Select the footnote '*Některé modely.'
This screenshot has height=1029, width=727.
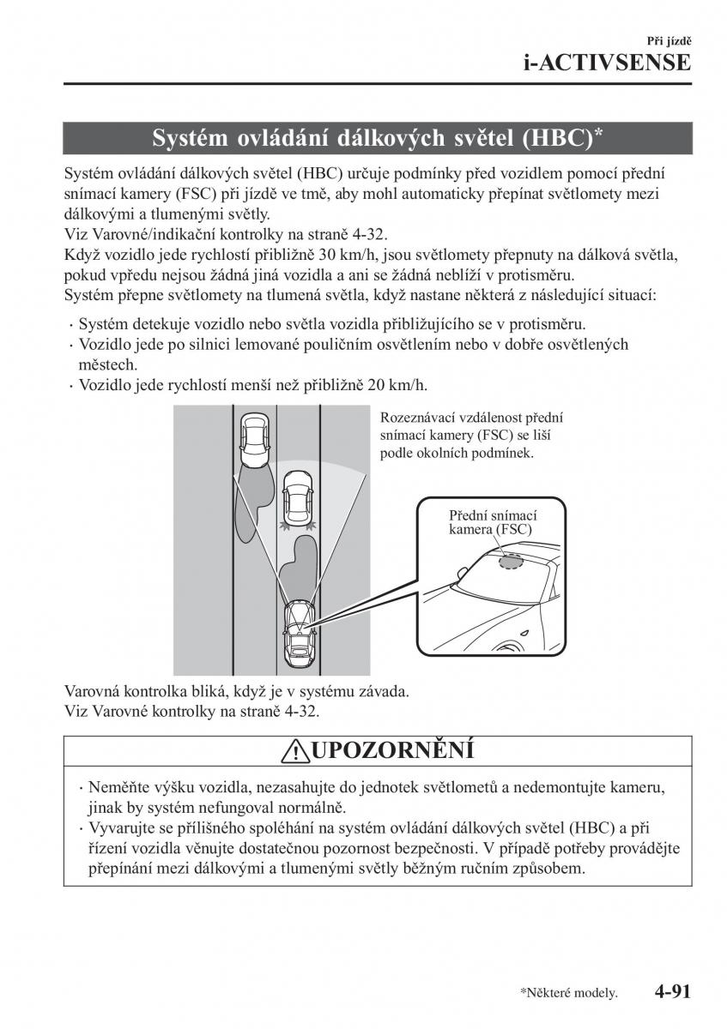click(x=568, y=994)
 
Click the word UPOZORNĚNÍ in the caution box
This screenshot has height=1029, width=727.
click(x=391, y=750)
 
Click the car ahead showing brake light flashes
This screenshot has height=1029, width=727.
click(x=297, y=497)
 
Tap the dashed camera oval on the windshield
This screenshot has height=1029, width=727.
click(x=511, y=560)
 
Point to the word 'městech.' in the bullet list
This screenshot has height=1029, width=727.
click(x=102, y=364)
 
